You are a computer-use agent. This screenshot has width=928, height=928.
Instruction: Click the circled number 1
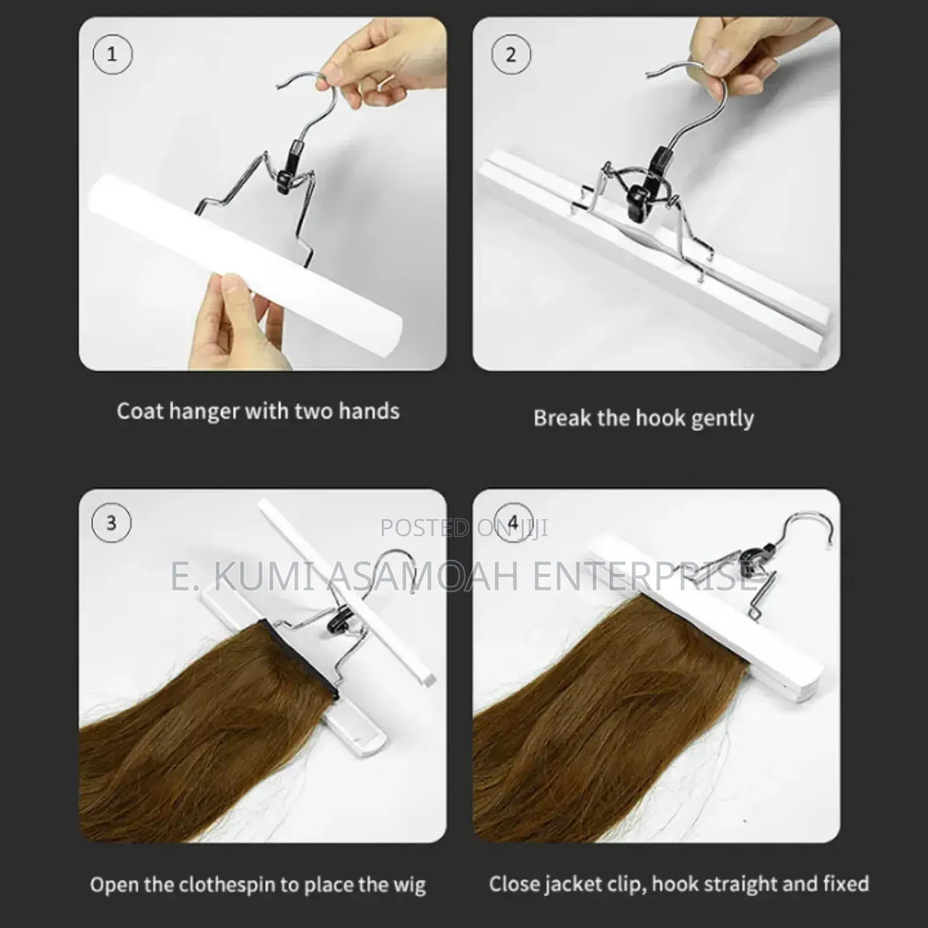[x=113, y=55]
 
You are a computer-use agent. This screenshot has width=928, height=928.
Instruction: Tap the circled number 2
[x=511, y=55]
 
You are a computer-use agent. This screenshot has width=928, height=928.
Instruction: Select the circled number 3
[x=111, y=523]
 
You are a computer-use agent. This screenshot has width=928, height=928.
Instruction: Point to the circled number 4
[x=512, y=523]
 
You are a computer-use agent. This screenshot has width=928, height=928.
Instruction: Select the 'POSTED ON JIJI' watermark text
[x=464, y=528]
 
